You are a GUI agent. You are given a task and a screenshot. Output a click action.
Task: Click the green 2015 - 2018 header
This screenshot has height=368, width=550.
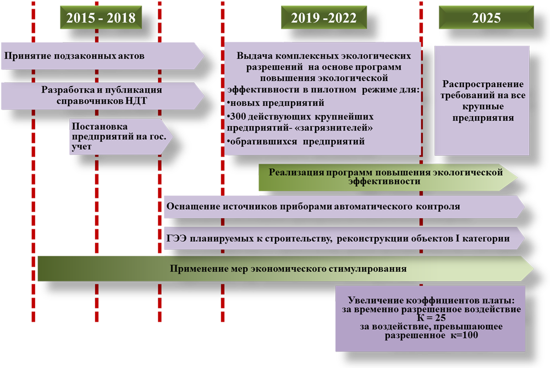(x=101, y=17)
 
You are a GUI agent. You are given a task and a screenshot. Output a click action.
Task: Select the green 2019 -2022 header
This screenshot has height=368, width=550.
(x=324, y=17)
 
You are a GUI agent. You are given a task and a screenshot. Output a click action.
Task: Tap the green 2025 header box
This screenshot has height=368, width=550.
(x=486, y=17)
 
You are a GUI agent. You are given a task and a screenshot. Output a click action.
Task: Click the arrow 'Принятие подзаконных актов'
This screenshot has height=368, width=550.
(x=102, y=56)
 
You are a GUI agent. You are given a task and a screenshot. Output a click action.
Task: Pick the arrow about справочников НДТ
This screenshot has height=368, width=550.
(x=102, y=96)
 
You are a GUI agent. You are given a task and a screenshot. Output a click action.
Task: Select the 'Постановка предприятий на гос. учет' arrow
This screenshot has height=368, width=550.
(x=121, y=137)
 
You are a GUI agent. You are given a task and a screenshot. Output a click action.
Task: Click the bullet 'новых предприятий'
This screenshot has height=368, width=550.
(x=276, y=103)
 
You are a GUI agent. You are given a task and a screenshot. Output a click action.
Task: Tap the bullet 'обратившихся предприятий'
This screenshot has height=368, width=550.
(x=296, y=141)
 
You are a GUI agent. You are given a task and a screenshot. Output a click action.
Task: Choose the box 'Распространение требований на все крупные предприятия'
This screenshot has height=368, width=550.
(x=482, y=100)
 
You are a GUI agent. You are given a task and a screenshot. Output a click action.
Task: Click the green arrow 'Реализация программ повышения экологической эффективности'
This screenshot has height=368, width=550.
(x=388, y=177)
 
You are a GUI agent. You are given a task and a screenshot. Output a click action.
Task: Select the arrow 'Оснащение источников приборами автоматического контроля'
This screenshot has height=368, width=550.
(x=344, y=207)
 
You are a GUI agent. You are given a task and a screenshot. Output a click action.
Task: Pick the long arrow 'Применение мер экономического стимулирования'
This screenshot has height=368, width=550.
(x=285, y=268)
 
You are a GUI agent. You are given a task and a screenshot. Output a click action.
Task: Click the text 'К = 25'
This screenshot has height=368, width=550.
(x=431, y=318)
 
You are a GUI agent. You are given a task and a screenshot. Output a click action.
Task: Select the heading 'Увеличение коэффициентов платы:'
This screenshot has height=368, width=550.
(x=431, y=300)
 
